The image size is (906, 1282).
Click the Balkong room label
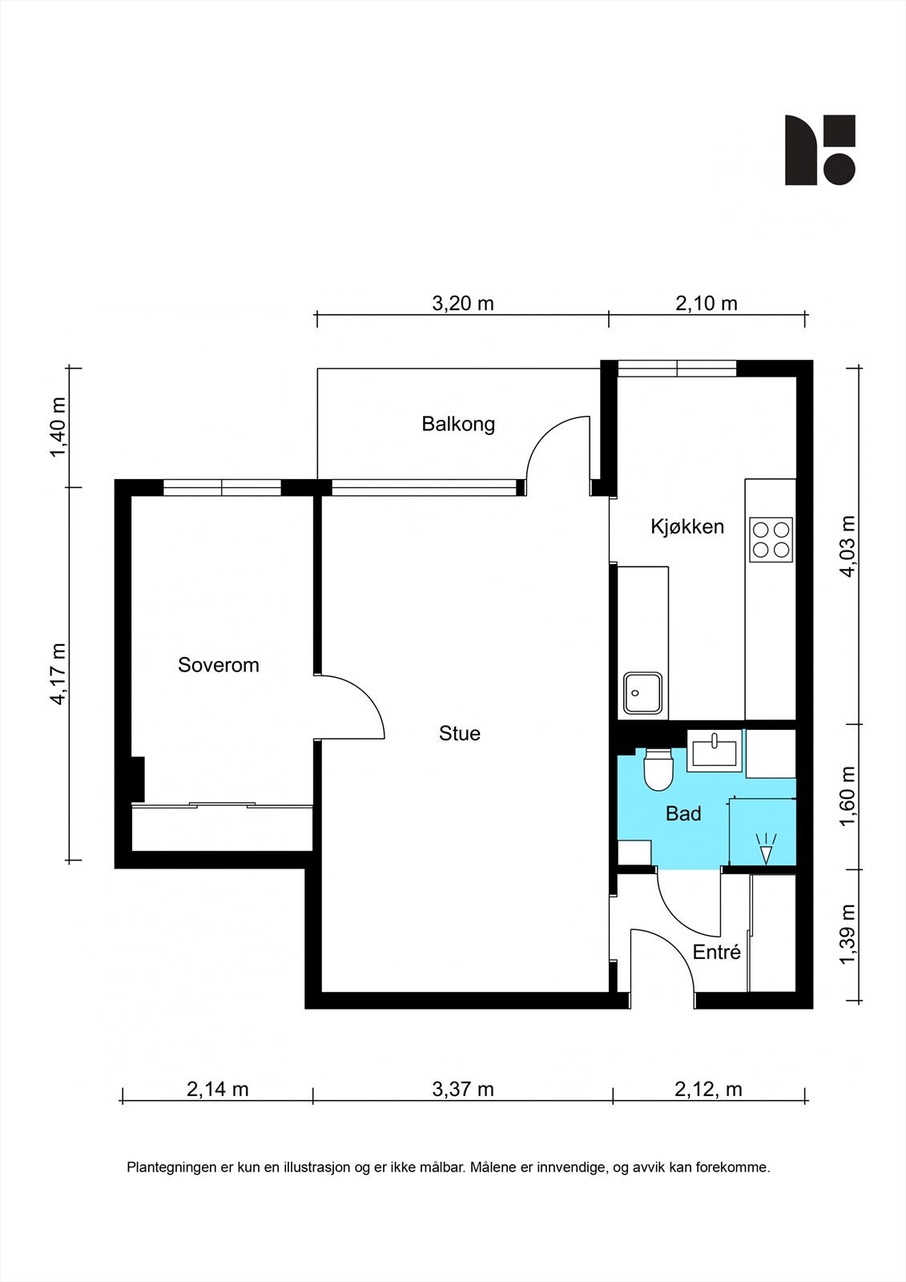[x=458, y=424]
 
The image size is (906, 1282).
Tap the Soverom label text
[x=218, y=665]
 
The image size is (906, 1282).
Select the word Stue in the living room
[x=460, y=734]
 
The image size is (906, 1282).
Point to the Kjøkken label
[x=687, y=526]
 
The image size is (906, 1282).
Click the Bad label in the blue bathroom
[x=683, y=814]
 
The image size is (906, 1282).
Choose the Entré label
[x=717, y=952]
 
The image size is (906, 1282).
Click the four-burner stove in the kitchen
[x=771, y=540]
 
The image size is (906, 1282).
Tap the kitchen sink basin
[x=643, y=693]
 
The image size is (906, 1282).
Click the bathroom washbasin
[x=715, y=751]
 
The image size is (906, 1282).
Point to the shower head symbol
[x=766, y=849]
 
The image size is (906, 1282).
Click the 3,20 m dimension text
[x=462, y=304]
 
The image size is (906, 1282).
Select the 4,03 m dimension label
[x=847, y=546]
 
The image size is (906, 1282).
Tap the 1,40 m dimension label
[x=58, y=428]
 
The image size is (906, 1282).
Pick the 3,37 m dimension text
[x=462, y=1089]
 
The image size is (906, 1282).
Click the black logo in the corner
[x=819, y=150]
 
